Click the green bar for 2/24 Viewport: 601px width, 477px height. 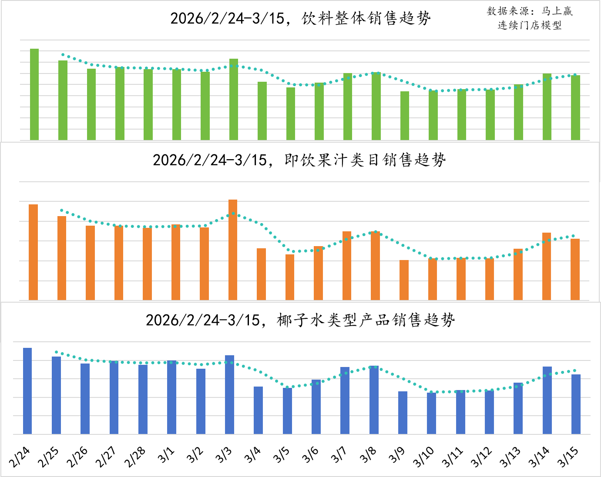pyautogui.click(x=34, y=94)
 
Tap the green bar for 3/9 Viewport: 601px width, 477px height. pyautogui.click(x=405, y=116)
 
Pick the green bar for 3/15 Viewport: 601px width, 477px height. pyautogui.click(x=575, y=107)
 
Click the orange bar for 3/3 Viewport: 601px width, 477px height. pyautogui.click(x=233, y=250)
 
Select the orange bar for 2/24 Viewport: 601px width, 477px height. pyautogui.click(x=33, y=252)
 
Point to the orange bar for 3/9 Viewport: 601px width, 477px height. pyautogui.click(x=404, y=280)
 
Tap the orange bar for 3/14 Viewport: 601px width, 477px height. pyautogui.click(x=547, y=266)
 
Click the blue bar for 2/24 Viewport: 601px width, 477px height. pyautogui.click(x=27, y=391)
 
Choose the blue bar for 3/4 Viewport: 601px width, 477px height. pyautogui.click(x=259, y=410)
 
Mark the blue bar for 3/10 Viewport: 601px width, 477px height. pyautogui.click(x=431, y=413)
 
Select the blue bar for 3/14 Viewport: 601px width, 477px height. pyautogui.click(x=547, y=400)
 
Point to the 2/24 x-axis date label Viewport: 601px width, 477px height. pyautogui.click(x=20, y=457)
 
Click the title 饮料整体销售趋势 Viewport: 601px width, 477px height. pyautogui.click(x=300, y=19)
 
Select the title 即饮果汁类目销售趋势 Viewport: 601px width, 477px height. pyautogui.click(x=299, y=160)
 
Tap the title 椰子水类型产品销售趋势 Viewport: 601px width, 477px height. pyautogui.click(x=300, y=320)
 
